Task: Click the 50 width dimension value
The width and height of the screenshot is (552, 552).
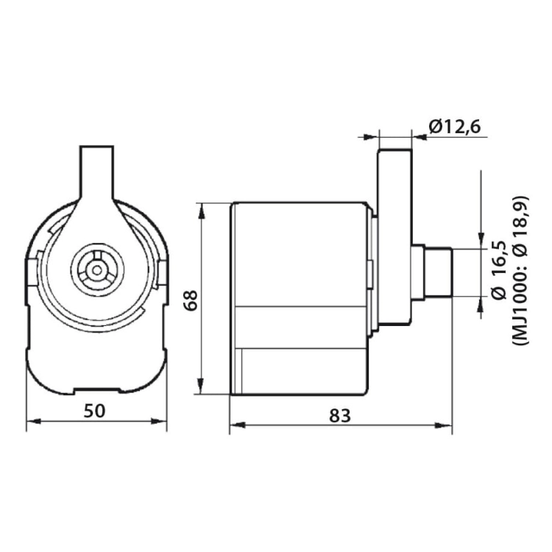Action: pos(95,411)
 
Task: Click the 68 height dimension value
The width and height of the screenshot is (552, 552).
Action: pos(191,300)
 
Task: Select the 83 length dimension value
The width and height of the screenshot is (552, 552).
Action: pos(340,415)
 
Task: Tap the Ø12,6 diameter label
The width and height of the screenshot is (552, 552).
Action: pos(455,127)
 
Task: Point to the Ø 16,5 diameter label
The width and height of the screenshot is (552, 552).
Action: pos(500,270)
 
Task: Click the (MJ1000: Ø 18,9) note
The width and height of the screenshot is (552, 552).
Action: pos(520,270)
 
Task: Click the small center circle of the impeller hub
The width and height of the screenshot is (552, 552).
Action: pos(96,270)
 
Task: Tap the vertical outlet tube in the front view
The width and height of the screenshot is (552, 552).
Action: pos(97,172)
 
